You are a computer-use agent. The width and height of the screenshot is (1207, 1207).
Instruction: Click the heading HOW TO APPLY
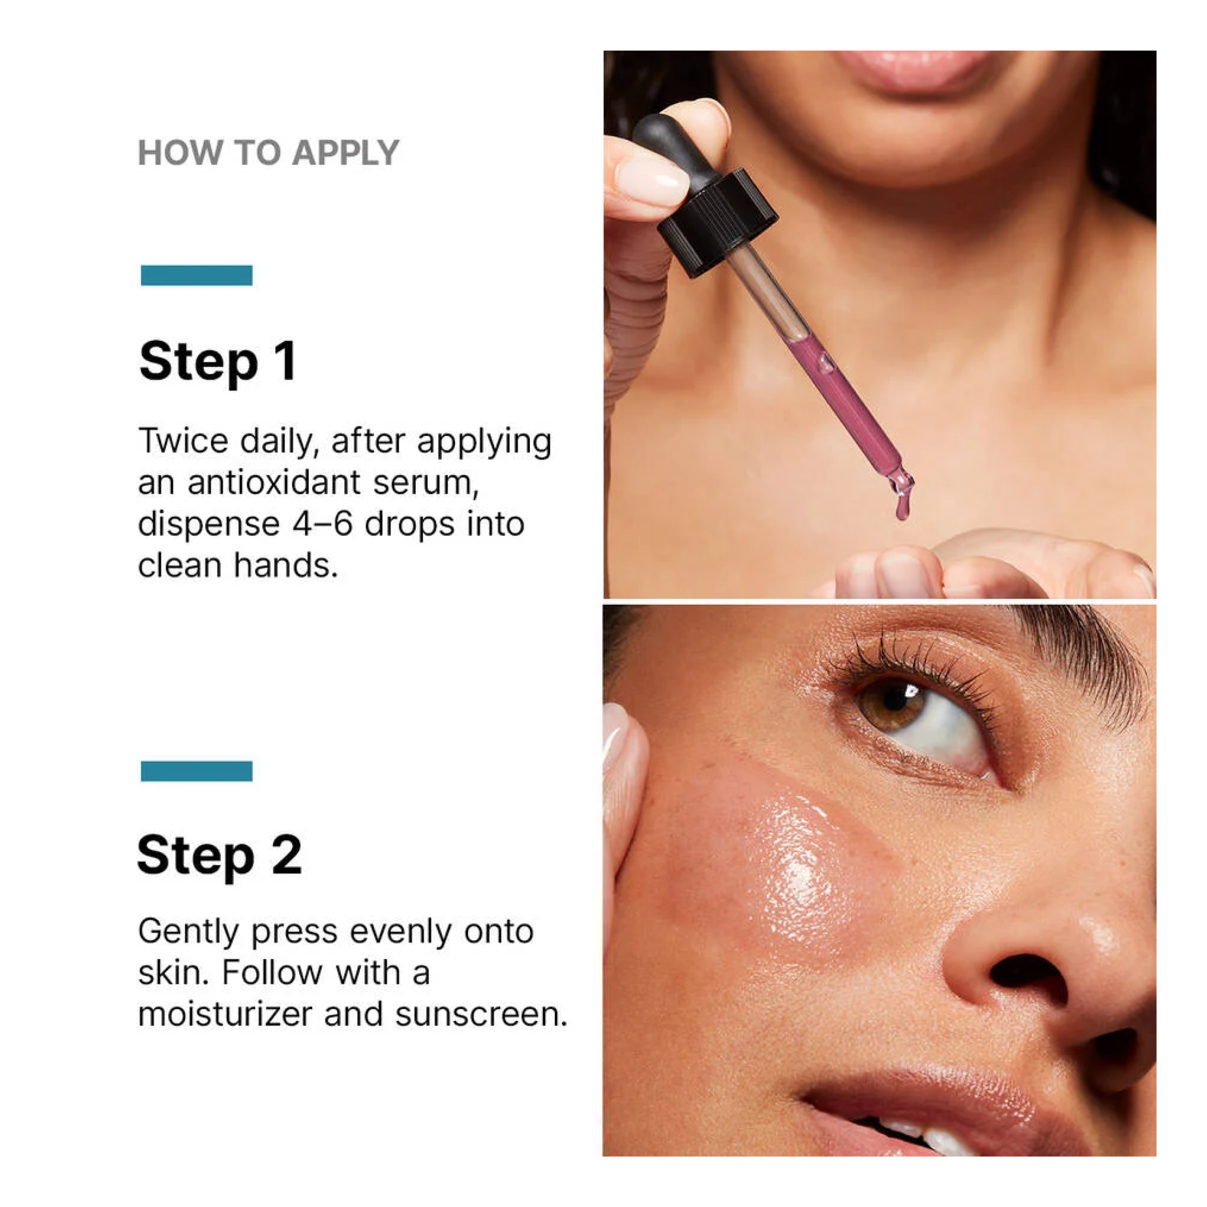pyautogui.click(x=268, y=153)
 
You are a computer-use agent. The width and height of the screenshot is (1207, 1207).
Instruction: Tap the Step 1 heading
pyautogui.click(x=218, y=362)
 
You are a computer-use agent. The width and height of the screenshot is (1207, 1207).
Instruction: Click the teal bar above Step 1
pyautogui.click(x=196, y=275)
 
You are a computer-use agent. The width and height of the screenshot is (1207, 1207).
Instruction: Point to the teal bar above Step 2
pyautogui.click(x=196, y=771)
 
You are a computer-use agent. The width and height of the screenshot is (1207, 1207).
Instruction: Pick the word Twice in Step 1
pyautogui.click(x=183, y=441)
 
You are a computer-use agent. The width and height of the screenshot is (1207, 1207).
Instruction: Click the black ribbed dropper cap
pyautogui.click(x=718, y=222)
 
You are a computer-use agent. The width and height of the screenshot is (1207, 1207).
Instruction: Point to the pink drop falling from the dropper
pyautogui.click(x=903, y=507)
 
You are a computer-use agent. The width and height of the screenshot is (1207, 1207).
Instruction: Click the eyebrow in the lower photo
pyautogui.click(x=1081, y=656)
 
